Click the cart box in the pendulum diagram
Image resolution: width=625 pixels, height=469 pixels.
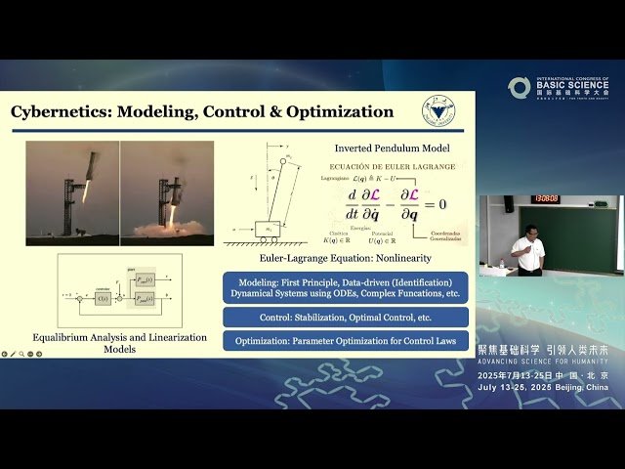267,228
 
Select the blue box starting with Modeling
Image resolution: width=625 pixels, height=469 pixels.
346,287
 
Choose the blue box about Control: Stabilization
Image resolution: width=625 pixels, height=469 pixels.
346,318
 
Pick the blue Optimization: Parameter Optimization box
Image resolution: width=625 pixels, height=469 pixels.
346,341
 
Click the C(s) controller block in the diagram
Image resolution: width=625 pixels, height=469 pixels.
103,297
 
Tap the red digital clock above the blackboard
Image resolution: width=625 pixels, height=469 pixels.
545,199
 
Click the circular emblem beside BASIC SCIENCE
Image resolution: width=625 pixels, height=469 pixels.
520,88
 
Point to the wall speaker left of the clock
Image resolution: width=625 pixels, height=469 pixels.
508,204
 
